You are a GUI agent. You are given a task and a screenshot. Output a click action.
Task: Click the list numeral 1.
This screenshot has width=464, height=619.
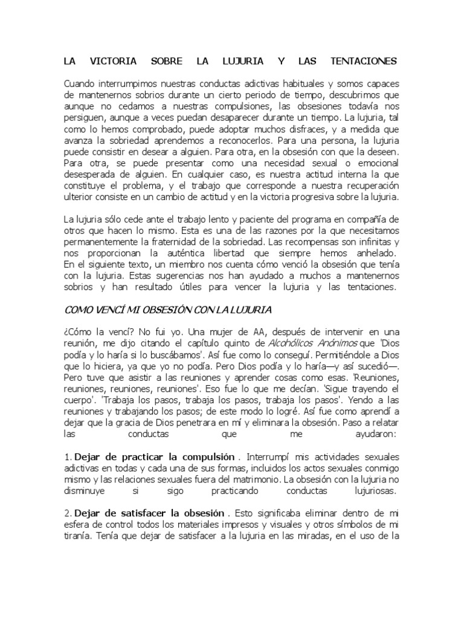pyautogui.click(x=67, y=456)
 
